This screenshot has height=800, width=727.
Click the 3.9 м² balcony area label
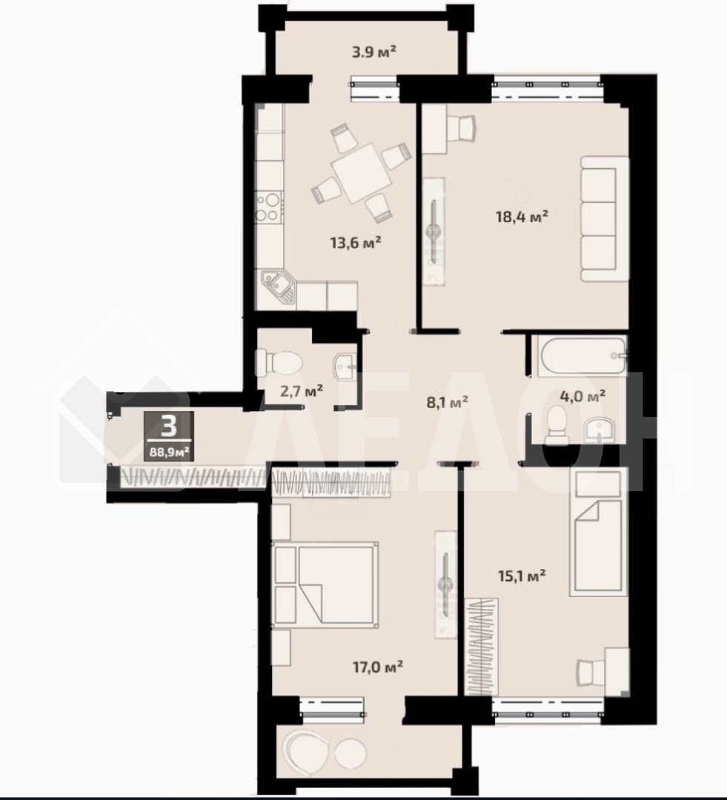coord(374,52)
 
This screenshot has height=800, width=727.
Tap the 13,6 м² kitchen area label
coord(356,241)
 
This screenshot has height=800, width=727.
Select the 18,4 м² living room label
coord(522,216)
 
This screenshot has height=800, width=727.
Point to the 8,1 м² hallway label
coord(448,402)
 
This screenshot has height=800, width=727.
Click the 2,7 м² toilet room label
coord(302,391)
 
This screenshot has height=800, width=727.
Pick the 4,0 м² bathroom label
coord(582,396)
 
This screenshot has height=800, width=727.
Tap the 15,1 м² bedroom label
coord(522,576)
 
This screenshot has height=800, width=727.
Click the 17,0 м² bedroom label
coord(378,666)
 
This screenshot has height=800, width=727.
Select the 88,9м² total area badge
coord(169,451)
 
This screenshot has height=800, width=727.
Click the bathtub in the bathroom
coord(582,356)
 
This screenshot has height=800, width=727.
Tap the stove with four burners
coord(269,207)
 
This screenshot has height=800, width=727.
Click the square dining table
coord(361,173)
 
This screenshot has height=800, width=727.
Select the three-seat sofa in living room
coord(605,219)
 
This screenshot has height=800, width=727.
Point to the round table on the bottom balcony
coord(351,753)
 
